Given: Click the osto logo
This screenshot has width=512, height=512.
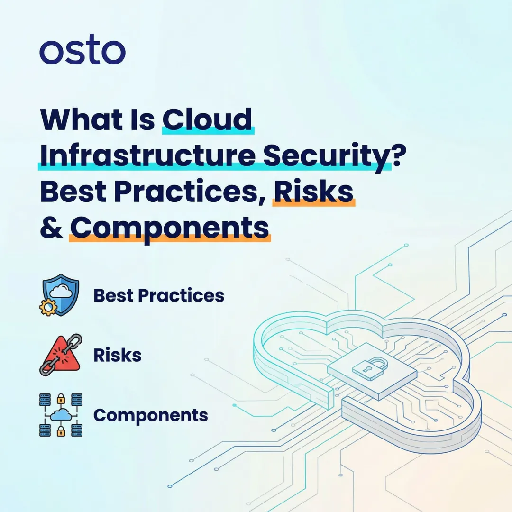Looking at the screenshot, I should (82, 52).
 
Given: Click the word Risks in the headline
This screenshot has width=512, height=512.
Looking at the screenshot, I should (313, 191).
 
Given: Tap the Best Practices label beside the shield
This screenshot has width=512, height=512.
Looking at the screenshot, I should (159, 295).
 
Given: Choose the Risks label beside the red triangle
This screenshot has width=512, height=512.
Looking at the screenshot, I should (118, 355).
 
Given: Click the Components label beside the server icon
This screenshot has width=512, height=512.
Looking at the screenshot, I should (151, 415).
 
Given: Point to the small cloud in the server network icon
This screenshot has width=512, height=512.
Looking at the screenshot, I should (60, 416).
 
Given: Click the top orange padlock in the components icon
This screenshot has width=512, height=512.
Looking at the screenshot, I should (60, 398).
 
